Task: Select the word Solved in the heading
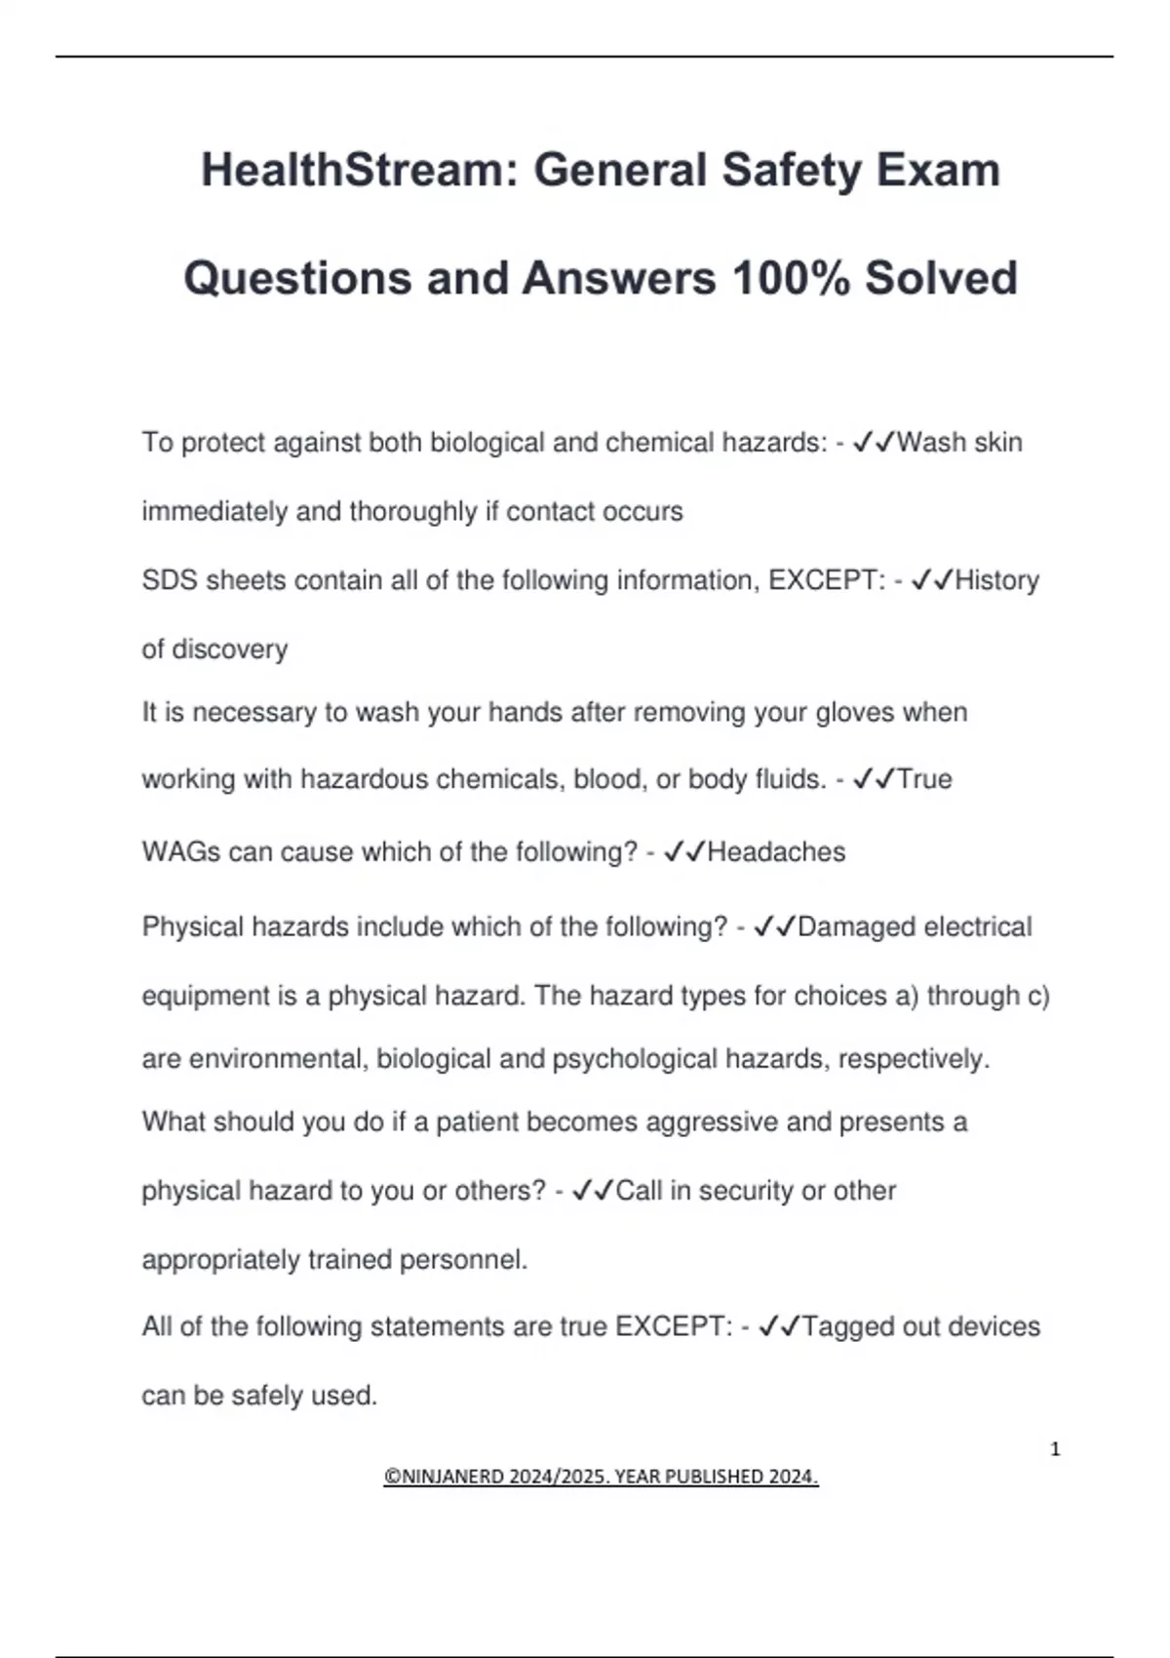tap(941, 278)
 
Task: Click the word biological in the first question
tap(487, 443)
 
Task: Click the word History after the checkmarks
tap(996, 580)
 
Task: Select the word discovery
tap(243, 650)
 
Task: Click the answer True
tap(923, 779)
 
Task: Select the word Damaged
tap(855, 927)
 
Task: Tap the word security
tap(746, 1191)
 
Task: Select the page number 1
tap(1055, 1449)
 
